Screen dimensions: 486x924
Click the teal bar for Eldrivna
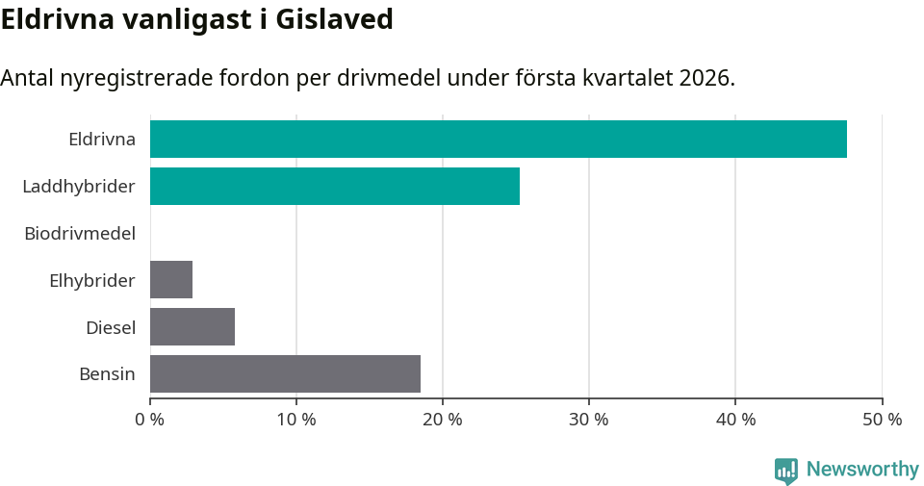[x=498, y=139]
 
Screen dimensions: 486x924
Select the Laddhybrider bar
[x=334, y=186]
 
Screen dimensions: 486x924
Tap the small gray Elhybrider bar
[x=171, y=279]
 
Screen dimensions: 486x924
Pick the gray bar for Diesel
[x=192, y=326]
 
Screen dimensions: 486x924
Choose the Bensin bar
[x=285, y=373]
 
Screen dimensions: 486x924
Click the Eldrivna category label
[x=102, y=139]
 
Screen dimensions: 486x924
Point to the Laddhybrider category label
[x=79, y=186]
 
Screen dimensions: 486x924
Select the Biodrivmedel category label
[x=80, y=233]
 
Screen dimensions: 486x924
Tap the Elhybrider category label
[x=92, y=280]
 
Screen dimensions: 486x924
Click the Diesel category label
[x=111, y=327]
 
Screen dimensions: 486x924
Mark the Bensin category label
[x=107, y=374]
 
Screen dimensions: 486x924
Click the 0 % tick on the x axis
[x=150, y=420]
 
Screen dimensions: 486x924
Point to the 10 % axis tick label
[x=295, y=420]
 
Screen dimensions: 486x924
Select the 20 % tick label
[x=442, y=420]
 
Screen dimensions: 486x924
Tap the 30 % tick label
[x=588, y=420]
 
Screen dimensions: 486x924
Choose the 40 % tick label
[x=734, y=420]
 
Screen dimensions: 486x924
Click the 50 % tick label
[x=881, y=420]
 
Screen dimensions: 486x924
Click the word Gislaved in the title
[x=334, y=18]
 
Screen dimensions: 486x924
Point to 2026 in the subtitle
[x=705, y=78]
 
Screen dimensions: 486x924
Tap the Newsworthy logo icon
[x=786, y=470]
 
